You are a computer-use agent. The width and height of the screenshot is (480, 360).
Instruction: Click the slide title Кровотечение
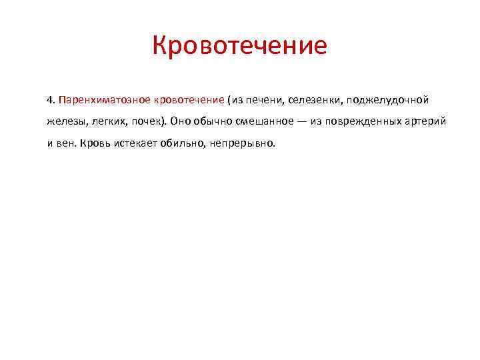point(240,46)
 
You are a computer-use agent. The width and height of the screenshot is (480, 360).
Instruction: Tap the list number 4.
point(50,100)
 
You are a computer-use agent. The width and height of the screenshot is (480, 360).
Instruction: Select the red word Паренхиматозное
point(105,100)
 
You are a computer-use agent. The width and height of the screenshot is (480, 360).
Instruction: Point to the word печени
point(261,100)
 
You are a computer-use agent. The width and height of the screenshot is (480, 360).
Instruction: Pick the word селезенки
point(313,100)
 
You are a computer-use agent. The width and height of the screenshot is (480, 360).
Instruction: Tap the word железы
point(64,121)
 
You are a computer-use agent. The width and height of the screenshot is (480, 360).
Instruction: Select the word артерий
point(417,121)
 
